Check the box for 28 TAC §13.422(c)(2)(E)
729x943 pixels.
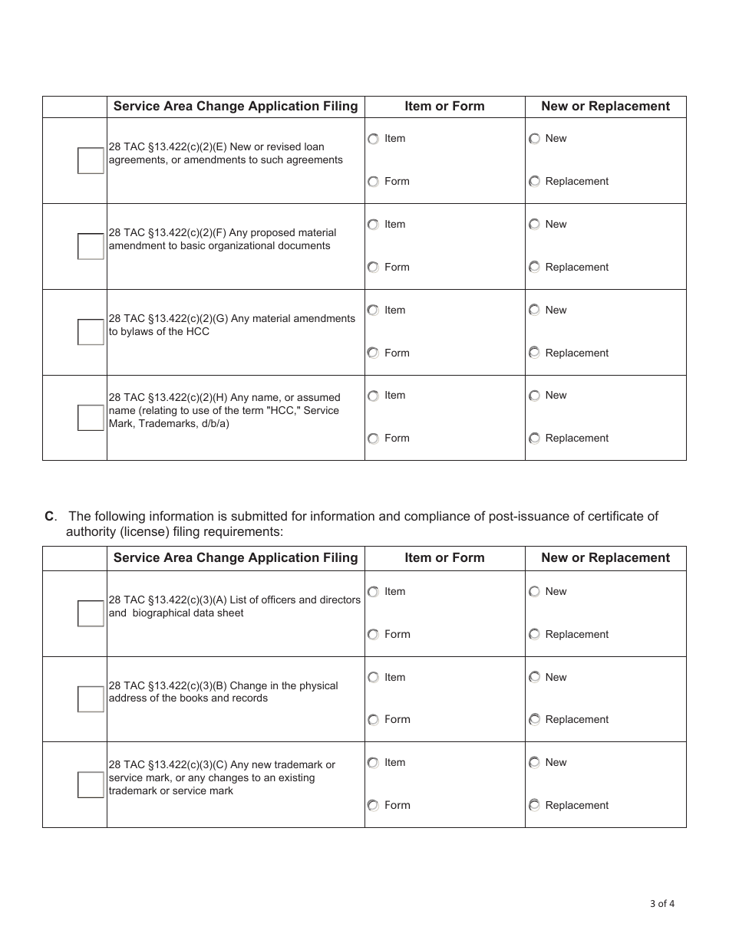click(x=91, y=160)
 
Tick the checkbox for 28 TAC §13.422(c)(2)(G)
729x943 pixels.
click(x=91, y=332)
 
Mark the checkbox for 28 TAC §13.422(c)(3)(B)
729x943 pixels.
click(x=91, y=699)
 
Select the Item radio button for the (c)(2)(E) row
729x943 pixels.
click(x=373, y=139)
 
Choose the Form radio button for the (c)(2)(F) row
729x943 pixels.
click(x=373, y=268)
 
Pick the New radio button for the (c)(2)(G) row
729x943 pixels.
click(x=534, y=310)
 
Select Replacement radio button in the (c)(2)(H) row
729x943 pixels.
click(x=534, y=439)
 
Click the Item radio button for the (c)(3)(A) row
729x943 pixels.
click(x=373, y=592)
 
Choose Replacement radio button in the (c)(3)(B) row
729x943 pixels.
click(x=534, y=720)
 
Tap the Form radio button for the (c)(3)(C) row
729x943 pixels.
click(x=373, y=805)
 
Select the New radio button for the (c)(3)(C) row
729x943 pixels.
click(x=534, y=763)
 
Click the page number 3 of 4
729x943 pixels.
click(x=661, y=903)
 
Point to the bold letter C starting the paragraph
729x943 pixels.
click(x=49, y=517)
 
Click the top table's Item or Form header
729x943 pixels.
click(x=444, y=107)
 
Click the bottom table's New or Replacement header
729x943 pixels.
click(x=605, y=558)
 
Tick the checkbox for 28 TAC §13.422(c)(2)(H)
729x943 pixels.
click(x=91, y=418)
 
